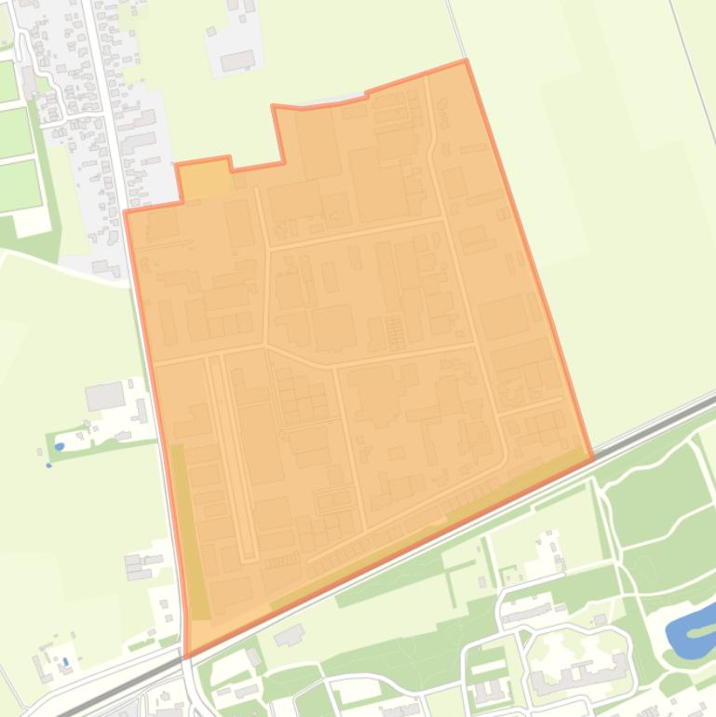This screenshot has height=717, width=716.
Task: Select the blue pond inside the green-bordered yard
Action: [60, 447]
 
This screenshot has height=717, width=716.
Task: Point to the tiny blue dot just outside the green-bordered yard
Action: [49, 465]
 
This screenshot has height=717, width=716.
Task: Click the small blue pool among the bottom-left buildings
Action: [65, 662]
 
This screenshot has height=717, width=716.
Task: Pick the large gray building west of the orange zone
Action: [104, 396]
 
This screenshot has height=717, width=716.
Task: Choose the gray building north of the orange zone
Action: [237, 61]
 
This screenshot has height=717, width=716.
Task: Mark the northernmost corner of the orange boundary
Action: [466, 61]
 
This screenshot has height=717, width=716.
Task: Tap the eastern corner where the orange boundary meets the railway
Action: [592, 457]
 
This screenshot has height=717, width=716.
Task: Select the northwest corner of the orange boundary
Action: [126, 212]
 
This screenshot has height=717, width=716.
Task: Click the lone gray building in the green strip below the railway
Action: [290, 636]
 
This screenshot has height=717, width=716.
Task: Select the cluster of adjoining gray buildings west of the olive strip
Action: [141, 565]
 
